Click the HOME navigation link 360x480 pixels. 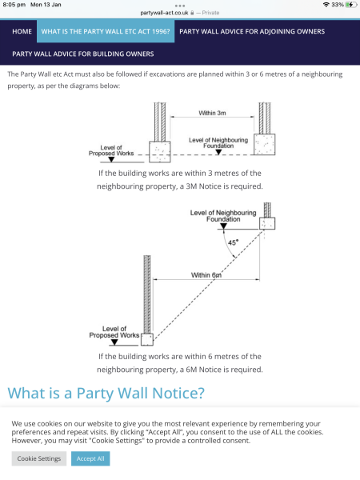(22, 31)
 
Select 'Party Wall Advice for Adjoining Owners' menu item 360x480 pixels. (251, 31)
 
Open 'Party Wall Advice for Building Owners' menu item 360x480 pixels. (83, 54)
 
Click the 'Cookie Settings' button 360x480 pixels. (39, 458)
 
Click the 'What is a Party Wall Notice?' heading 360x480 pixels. (106, 393)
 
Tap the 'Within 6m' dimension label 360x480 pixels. (206, 274)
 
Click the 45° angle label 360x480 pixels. (232, 242)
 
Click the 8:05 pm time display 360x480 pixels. (14, 5)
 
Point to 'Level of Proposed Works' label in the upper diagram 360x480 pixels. (111, 150)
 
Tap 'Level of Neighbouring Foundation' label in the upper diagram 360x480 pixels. (218, 142)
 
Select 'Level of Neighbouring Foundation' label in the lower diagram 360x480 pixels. (223, 216)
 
